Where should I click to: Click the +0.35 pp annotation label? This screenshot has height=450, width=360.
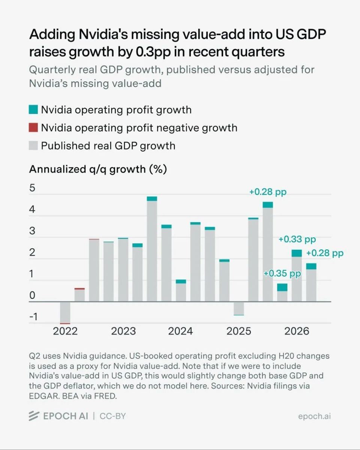(x=282, y=273)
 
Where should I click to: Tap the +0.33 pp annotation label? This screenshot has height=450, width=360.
(x=297, y=239)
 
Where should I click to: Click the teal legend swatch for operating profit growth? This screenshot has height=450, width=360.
(x=33, y=109)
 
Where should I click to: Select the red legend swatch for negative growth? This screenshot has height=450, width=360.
(x=33, y=127)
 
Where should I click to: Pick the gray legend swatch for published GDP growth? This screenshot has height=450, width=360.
(x=33, y=145)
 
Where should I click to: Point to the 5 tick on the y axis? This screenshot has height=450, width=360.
(x=32, y=188)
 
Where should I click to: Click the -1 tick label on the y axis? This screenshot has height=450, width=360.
(x=33, y=316)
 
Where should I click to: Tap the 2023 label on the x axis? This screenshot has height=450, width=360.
(x=123, y=331)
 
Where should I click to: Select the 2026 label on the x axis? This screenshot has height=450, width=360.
(x=297, y=331)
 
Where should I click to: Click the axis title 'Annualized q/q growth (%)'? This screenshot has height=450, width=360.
(x=98, y=169)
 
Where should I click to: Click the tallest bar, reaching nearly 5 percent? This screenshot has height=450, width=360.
(x=152, y=249)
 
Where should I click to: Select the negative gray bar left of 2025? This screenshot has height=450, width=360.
(x=238, y=308)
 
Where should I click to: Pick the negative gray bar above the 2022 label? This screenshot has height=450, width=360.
(x=65, y=313)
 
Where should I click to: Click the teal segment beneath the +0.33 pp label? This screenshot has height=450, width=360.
(x=297, y=253)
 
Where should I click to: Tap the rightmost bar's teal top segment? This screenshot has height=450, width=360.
(x=311, y=266)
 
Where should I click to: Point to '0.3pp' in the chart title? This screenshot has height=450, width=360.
(x=153, y=52)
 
